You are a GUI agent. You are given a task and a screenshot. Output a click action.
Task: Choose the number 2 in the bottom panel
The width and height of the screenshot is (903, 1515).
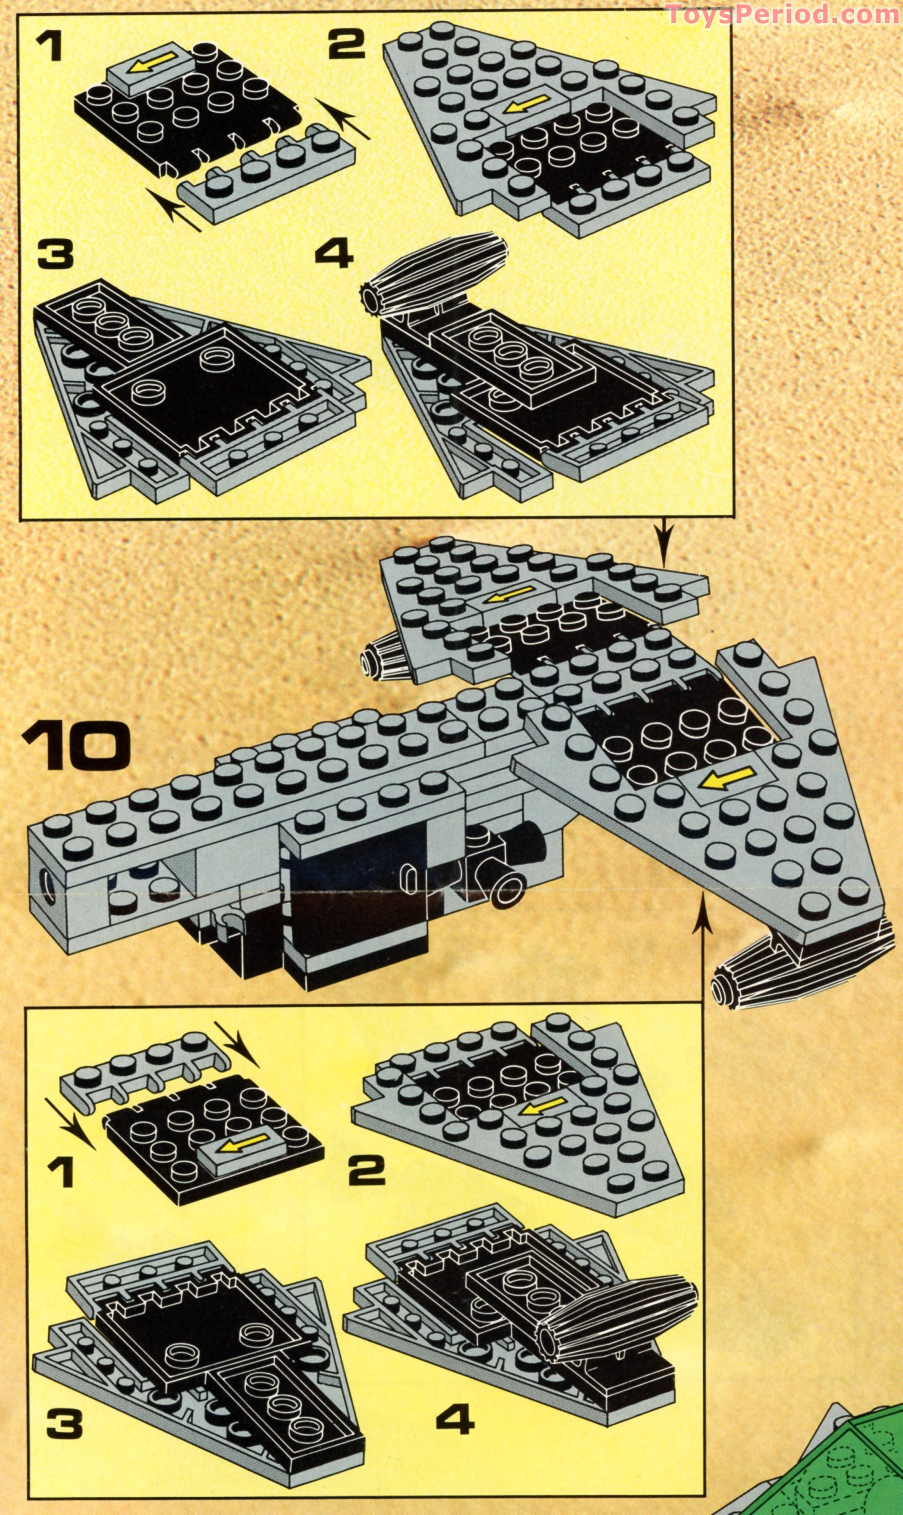click(x=367, y=1168)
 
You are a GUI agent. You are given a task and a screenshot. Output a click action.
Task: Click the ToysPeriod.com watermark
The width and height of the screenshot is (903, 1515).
click(x=784, y=14)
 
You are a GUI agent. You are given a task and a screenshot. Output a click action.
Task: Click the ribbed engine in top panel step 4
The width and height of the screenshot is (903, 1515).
click(x=434, y=275)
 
